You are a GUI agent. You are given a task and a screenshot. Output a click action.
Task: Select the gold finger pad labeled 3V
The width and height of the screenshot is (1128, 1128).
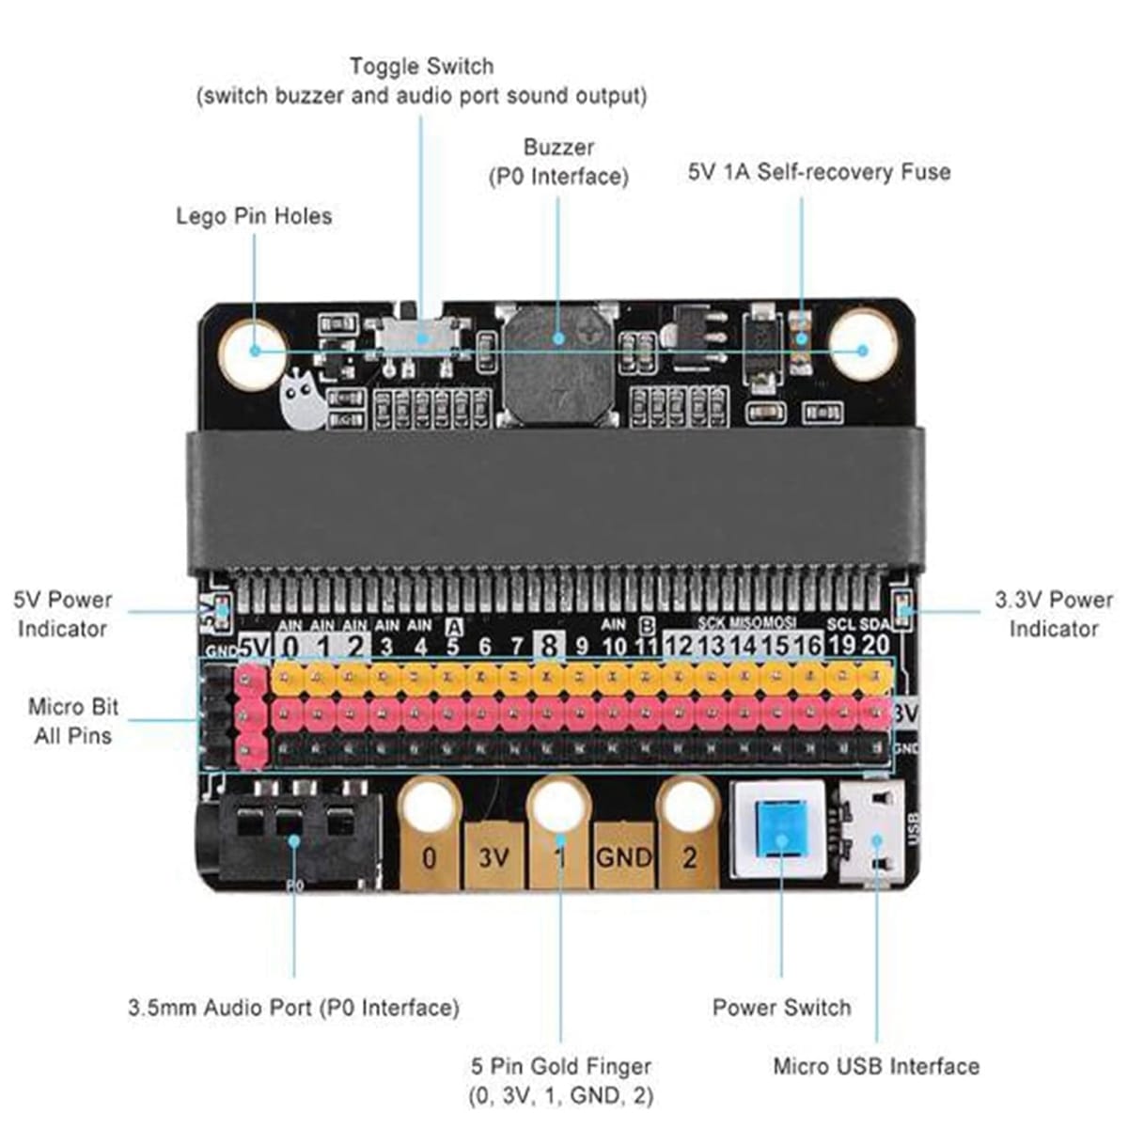coord(493,856)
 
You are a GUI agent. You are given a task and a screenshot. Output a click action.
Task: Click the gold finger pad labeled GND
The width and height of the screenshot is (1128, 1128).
coord(623,856)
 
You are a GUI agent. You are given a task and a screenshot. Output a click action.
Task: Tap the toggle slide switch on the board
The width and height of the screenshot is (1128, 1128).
coord(419,337)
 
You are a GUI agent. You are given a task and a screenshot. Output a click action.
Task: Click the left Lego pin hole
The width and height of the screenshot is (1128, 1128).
coord(252,352)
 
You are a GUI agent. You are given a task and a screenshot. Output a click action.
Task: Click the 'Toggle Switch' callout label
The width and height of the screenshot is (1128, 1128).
coord(421,67)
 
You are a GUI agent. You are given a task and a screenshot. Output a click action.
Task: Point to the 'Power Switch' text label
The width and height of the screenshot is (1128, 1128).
coord(781,1008)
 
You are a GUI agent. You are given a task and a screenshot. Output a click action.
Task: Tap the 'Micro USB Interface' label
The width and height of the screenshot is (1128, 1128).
coord(876,1066)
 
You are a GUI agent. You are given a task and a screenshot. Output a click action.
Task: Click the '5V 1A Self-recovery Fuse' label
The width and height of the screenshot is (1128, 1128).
coord(819,172)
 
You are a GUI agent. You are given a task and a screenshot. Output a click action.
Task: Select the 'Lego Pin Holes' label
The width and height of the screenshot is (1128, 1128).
coord(254,216)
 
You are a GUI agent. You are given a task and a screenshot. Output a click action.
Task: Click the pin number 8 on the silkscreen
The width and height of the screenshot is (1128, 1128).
coord(549,645)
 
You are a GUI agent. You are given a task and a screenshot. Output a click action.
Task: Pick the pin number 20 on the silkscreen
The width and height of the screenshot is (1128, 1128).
coord(875,645)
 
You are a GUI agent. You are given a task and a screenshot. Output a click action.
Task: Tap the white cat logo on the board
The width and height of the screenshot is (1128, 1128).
coord(303,399)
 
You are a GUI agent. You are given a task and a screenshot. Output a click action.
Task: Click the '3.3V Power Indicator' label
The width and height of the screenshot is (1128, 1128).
coord(1054,614)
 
